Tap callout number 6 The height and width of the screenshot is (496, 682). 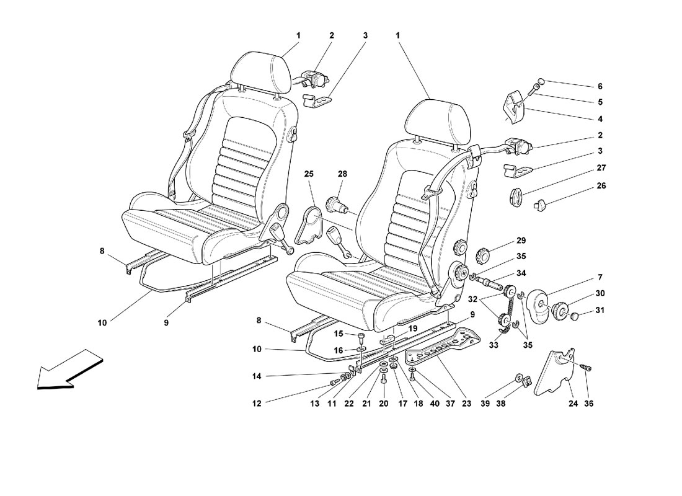(x=600, y=86)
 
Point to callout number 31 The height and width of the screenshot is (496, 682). (x=600, y=310)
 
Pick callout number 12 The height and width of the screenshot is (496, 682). (x=257, y=403)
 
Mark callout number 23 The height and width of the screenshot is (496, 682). (x=466, y=403)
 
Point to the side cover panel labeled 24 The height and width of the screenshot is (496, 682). (x=554, y=373)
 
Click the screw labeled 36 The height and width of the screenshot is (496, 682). (x=585, y=368)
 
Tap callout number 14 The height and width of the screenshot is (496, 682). (x=257, y=376)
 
